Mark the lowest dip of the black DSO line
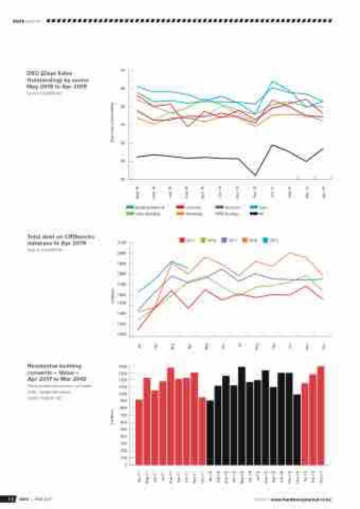(255, 175)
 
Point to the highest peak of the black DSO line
(272, 145)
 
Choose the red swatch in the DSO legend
(180, 207)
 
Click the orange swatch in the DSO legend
(180, 214)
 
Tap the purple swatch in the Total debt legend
(224, 240)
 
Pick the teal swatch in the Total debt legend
(266, 240)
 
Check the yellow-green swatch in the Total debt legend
(203, 240)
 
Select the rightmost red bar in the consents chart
(321, 415)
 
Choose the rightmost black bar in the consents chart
(296, 430)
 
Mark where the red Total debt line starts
(139, 330)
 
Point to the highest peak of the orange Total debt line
(290, 253)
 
